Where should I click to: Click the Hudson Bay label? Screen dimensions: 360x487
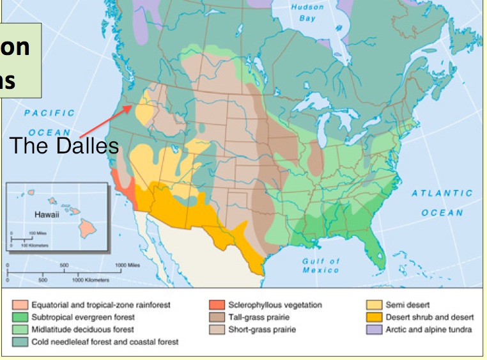[307, 13]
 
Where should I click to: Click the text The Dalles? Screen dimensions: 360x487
[64, 146]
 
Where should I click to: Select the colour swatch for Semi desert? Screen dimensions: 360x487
[374, 306]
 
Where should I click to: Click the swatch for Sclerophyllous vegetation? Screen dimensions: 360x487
[217, 306]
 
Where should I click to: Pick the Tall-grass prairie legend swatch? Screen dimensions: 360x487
[217, 318]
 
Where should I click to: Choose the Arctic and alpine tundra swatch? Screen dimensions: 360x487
[374, 330]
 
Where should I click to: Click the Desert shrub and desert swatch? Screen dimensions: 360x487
[374, 318]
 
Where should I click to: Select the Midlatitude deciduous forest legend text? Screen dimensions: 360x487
[82, 330]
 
